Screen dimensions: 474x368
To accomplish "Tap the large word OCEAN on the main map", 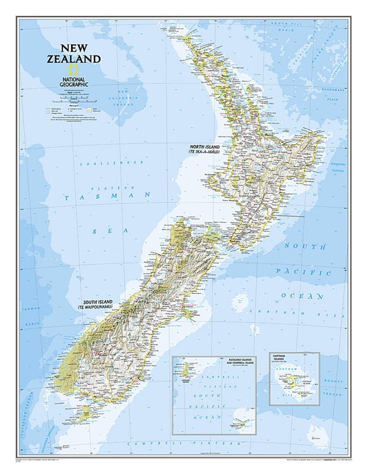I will click(302, 295).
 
